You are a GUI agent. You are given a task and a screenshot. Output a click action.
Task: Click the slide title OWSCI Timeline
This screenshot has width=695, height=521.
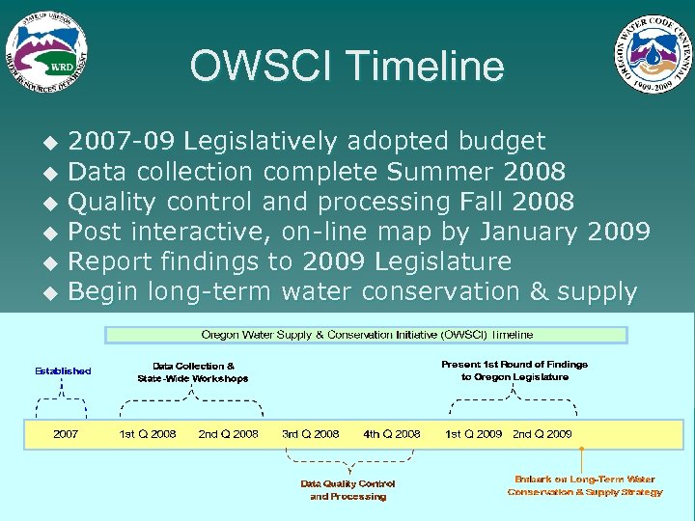click(347, 67)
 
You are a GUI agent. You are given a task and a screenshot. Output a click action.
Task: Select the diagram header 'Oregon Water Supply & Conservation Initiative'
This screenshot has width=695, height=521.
click(367, 335)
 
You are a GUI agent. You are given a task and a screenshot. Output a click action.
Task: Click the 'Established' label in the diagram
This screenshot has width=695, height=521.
click(64, 370)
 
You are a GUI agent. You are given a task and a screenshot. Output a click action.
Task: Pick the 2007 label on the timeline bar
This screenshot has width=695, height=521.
click(66, 434)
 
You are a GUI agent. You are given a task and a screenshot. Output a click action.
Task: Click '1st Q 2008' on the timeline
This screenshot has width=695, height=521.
click(147, 434)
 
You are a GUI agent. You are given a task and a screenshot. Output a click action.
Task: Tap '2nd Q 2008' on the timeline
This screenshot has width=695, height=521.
click(228, 434)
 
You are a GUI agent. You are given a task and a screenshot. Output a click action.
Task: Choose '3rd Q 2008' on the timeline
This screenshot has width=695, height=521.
click(310, 434)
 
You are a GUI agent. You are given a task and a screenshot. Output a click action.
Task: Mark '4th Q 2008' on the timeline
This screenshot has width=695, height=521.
click(392, 434)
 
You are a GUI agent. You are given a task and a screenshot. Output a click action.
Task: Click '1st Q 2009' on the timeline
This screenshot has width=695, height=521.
click(473, 434)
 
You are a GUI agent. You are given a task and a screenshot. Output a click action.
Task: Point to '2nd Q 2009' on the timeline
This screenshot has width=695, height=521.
click(542, 434)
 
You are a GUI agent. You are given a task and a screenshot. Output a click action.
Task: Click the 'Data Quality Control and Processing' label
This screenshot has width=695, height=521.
click(347, 490)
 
